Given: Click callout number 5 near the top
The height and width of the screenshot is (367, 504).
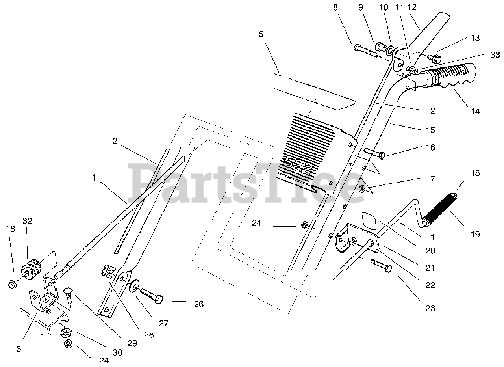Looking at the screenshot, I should (261, 34).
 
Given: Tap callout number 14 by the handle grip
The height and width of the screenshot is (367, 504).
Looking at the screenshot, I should (475, 111).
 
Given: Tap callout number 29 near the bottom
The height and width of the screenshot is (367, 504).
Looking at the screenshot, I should (132, 343).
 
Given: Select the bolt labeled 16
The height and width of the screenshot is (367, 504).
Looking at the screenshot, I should (374, 153).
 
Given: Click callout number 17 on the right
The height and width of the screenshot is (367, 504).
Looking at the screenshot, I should (430, 179).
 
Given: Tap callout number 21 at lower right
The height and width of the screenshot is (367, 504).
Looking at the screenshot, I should (430, 268).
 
